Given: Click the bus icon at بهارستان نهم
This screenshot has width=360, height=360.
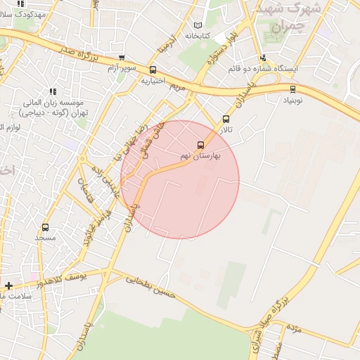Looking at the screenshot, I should [201, 146].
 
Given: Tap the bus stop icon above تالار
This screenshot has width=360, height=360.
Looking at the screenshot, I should [226, 120].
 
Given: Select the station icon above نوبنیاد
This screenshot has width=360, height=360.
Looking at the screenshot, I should [292, 89].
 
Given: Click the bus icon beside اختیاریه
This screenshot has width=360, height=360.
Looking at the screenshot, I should [153, 70].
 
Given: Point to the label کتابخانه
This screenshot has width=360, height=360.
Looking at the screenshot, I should [198, 35].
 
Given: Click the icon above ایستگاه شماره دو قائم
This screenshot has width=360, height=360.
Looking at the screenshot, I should [263, 58].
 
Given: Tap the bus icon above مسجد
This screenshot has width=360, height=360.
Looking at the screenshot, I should [46, 227].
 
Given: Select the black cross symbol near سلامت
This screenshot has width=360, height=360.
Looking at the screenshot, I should [8, 285].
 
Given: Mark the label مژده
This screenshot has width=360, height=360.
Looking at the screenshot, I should [294, 328].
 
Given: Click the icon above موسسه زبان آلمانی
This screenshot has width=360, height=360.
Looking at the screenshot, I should [52, 91].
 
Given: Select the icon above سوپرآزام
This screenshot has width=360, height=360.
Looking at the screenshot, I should [122, 58].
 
